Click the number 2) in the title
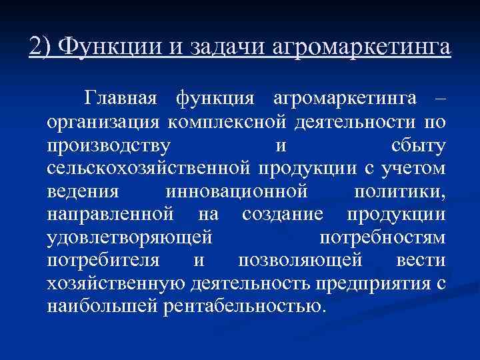pyautogui.click(x=41, y=47)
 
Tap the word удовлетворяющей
pyautogui.click(x=131, y=238)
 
